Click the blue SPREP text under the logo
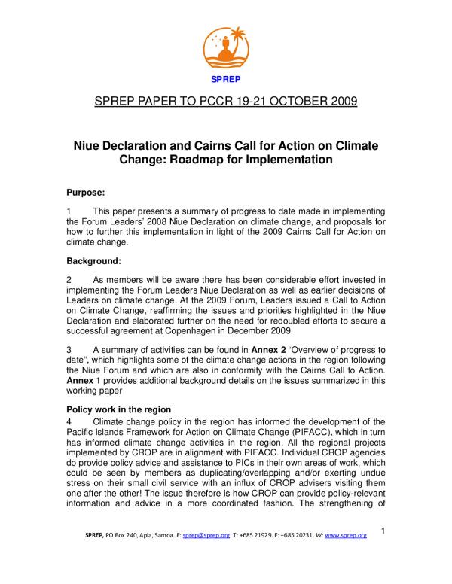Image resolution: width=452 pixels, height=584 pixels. (227, 77)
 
